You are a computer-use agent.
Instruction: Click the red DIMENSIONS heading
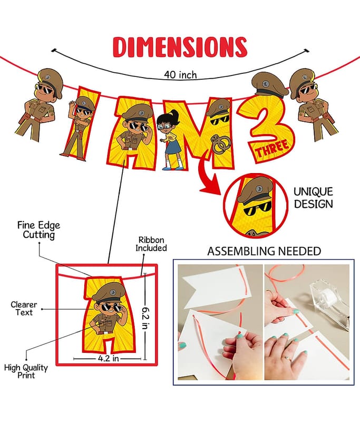tap(180, 47)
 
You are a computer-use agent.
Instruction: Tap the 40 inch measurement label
tap(180, 74)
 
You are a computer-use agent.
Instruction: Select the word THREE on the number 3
tap(272, 149)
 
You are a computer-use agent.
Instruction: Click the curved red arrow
tap(208, 175)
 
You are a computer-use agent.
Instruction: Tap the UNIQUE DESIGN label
tap(313, 198)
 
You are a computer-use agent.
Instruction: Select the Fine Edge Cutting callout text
tap(38, 230)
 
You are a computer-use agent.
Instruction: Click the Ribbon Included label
tap(151, 244)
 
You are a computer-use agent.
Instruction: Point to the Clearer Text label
tap(24, 309)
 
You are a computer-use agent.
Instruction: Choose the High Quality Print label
tap(26, 371)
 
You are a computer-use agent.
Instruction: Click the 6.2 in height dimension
tap(145, 318)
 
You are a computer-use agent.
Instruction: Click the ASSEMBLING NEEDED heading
tap(264, 251)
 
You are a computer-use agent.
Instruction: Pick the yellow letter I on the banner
tap(79, 124)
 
